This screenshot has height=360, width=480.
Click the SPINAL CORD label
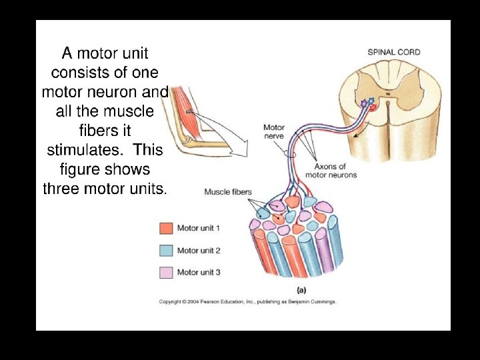(394, 52)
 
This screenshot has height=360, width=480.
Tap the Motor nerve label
(274, 131)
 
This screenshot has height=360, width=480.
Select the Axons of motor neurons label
(331, 171)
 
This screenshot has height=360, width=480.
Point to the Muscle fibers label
(228, 192)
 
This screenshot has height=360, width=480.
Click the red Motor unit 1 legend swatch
(166, 228)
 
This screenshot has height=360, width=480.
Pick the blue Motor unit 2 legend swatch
(166, 250)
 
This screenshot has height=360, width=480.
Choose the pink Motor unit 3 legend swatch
(166, 272)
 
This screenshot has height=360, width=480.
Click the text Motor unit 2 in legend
(199, 250)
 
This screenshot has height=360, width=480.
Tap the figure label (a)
(301, 290)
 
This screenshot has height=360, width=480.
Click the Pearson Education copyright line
(248, 302)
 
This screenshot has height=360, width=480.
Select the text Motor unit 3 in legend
(199, 272)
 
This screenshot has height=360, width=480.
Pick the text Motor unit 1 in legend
(199, 228)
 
